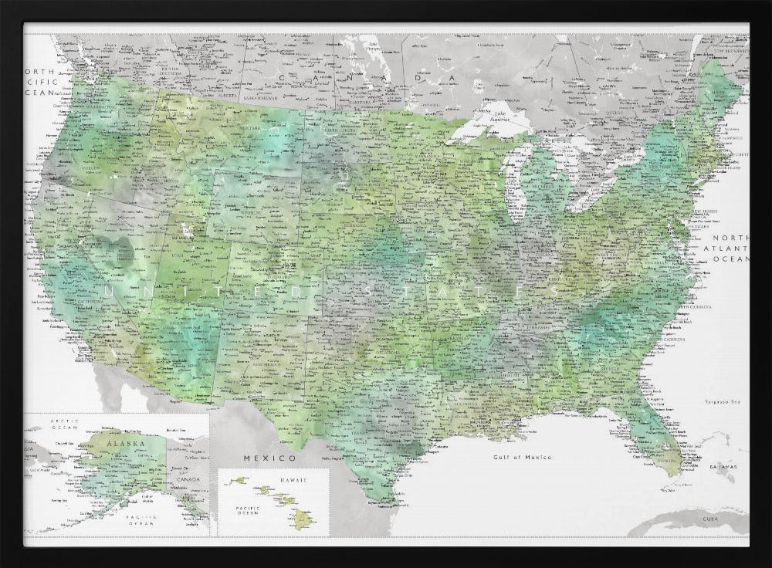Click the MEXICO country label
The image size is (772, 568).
coord(259,458)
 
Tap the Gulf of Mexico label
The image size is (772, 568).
coord(523,457)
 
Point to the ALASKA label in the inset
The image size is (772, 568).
coord(120,445)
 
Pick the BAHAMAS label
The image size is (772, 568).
coord(724,468)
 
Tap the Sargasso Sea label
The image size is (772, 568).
coord(722,401)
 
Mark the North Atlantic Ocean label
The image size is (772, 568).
coord(731,248)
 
